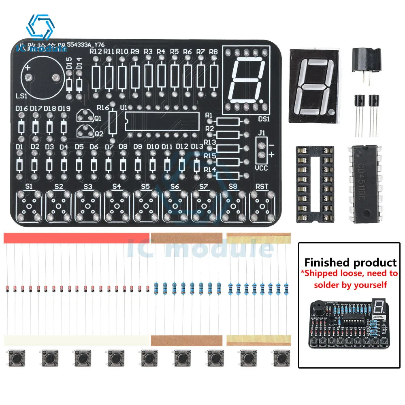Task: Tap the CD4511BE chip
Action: (366, 184)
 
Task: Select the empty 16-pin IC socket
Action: (315, 184)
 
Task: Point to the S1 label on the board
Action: (29, 186)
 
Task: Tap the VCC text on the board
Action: (262, 168)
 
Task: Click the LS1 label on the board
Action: (21, 96)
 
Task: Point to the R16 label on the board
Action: (103, 108)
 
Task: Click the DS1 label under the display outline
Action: (264, 119)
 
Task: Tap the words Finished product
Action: (350, 262)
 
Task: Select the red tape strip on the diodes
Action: (77, 239)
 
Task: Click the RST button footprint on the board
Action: (262, 206)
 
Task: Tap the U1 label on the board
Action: (124, 107)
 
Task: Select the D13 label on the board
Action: (197, 147)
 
